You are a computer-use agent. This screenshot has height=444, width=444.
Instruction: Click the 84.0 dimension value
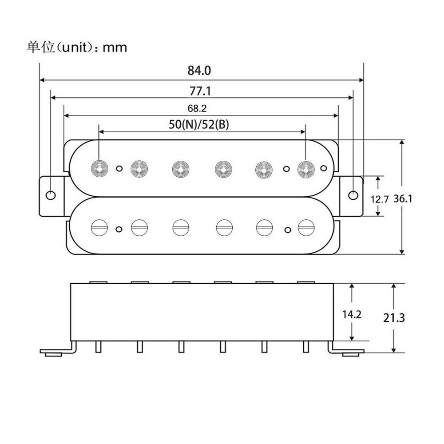pyautogui.click(x=200, y=71)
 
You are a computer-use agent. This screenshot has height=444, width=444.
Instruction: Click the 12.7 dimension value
pyautogui.click(x=380, y=199)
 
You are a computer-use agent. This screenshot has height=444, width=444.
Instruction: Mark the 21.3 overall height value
pyautogui.click(x=394, y=318)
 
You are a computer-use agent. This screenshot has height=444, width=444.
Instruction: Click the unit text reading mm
pyautogui.click(x=115, y=47)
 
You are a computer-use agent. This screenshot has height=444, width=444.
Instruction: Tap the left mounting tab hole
pyautogui.click(x=52, y=195)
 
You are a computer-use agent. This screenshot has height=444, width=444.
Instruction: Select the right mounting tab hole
pyautogui.click(x=353, y=195)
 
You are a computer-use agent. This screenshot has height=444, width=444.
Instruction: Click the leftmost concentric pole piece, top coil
pyautogui.click(x=99, y=168)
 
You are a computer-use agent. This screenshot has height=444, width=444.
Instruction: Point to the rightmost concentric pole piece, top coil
pyautogui.click(x=305, y=168)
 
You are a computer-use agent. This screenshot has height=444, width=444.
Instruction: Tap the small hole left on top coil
pyautogui.click(x=119, y=169)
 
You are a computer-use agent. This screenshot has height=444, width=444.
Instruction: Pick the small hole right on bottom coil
pyautogui.click(x=288, y=229)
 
